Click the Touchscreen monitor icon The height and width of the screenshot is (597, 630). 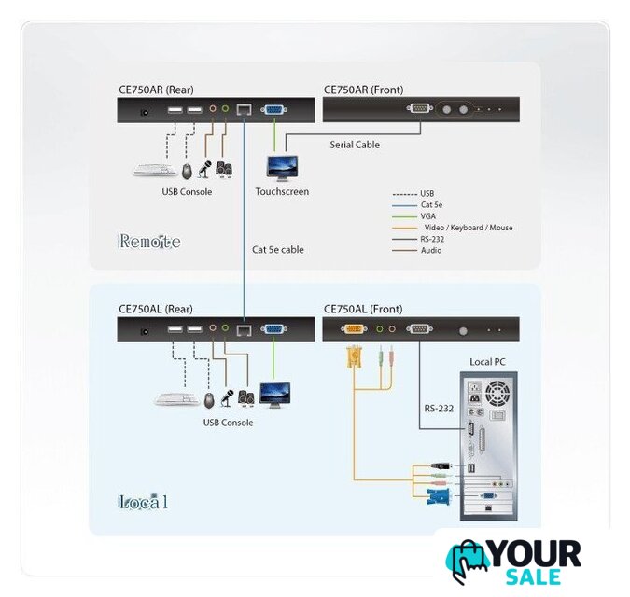coord(282,169)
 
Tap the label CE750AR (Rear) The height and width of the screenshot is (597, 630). coord(156,90)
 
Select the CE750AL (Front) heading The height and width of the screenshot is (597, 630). coord(363,309)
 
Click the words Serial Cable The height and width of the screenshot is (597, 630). coord(355,145)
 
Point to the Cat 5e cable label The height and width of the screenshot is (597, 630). coord(278,249)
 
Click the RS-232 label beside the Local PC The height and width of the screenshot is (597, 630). coord(439,409)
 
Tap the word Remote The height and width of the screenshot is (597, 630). coord(149,242)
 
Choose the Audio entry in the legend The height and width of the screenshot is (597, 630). coord(431,250)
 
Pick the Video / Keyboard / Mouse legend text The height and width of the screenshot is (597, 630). coord(469,228)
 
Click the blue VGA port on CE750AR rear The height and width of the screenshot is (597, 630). coord(274,109)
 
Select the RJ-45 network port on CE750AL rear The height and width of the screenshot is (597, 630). coord(244,330)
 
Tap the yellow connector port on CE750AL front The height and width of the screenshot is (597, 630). coord(354,329)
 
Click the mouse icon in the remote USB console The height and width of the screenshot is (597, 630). coord(187,172)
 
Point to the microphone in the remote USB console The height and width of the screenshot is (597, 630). coord(204,170)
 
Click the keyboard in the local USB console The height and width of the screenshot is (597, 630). coord(177,399)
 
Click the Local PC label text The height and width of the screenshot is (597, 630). coord(487,362)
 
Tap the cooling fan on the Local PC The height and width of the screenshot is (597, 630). coord(497,393)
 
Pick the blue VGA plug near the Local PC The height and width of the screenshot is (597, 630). coord(439,497)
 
